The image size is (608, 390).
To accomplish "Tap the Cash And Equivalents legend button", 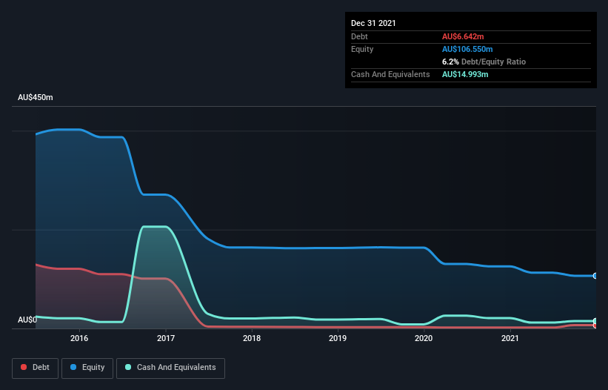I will [x=170, y=367].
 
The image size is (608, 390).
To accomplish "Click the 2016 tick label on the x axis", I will [x=79, y=338].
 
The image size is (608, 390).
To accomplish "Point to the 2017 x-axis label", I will [x=166, y=338].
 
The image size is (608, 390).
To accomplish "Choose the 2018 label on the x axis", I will [x=252, y=338].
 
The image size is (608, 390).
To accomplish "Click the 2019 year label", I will [x=338, y=338].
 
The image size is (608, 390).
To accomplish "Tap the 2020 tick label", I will [x=424, y=338].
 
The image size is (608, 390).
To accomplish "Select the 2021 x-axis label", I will [x=510, y=338].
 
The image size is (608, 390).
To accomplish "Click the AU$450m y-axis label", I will [x=36, y=98].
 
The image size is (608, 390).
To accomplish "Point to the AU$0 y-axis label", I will [x=27, y=320].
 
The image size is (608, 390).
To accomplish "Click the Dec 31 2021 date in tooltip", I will [x=373, y=23].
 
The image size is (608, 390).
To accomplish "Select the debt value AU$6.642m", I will [x=464, y=36].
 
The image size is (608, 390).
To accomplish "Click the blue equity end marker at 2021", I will [x=595, y=276].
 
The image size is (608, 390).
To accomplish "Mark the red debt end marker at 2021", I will [x=595, y=325].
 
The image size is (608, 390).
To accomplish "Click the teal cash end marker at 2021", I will [x=595, y=321].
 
